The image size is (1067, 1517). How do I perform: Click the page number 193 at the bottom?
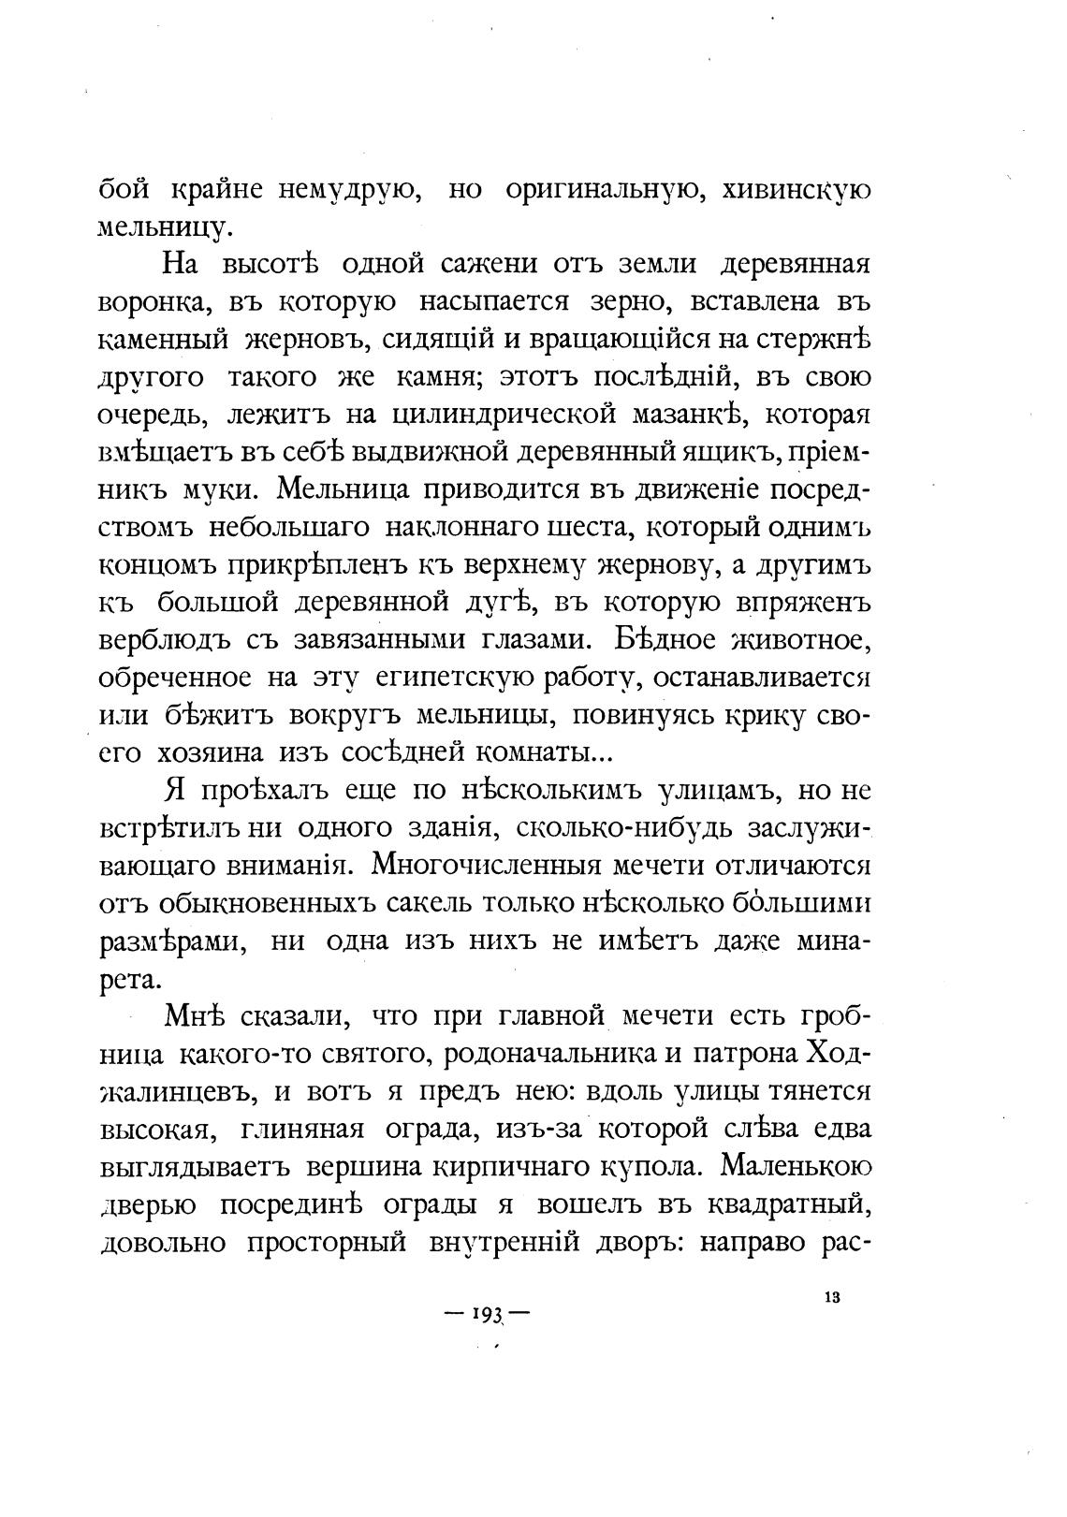pos(487,1313)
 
